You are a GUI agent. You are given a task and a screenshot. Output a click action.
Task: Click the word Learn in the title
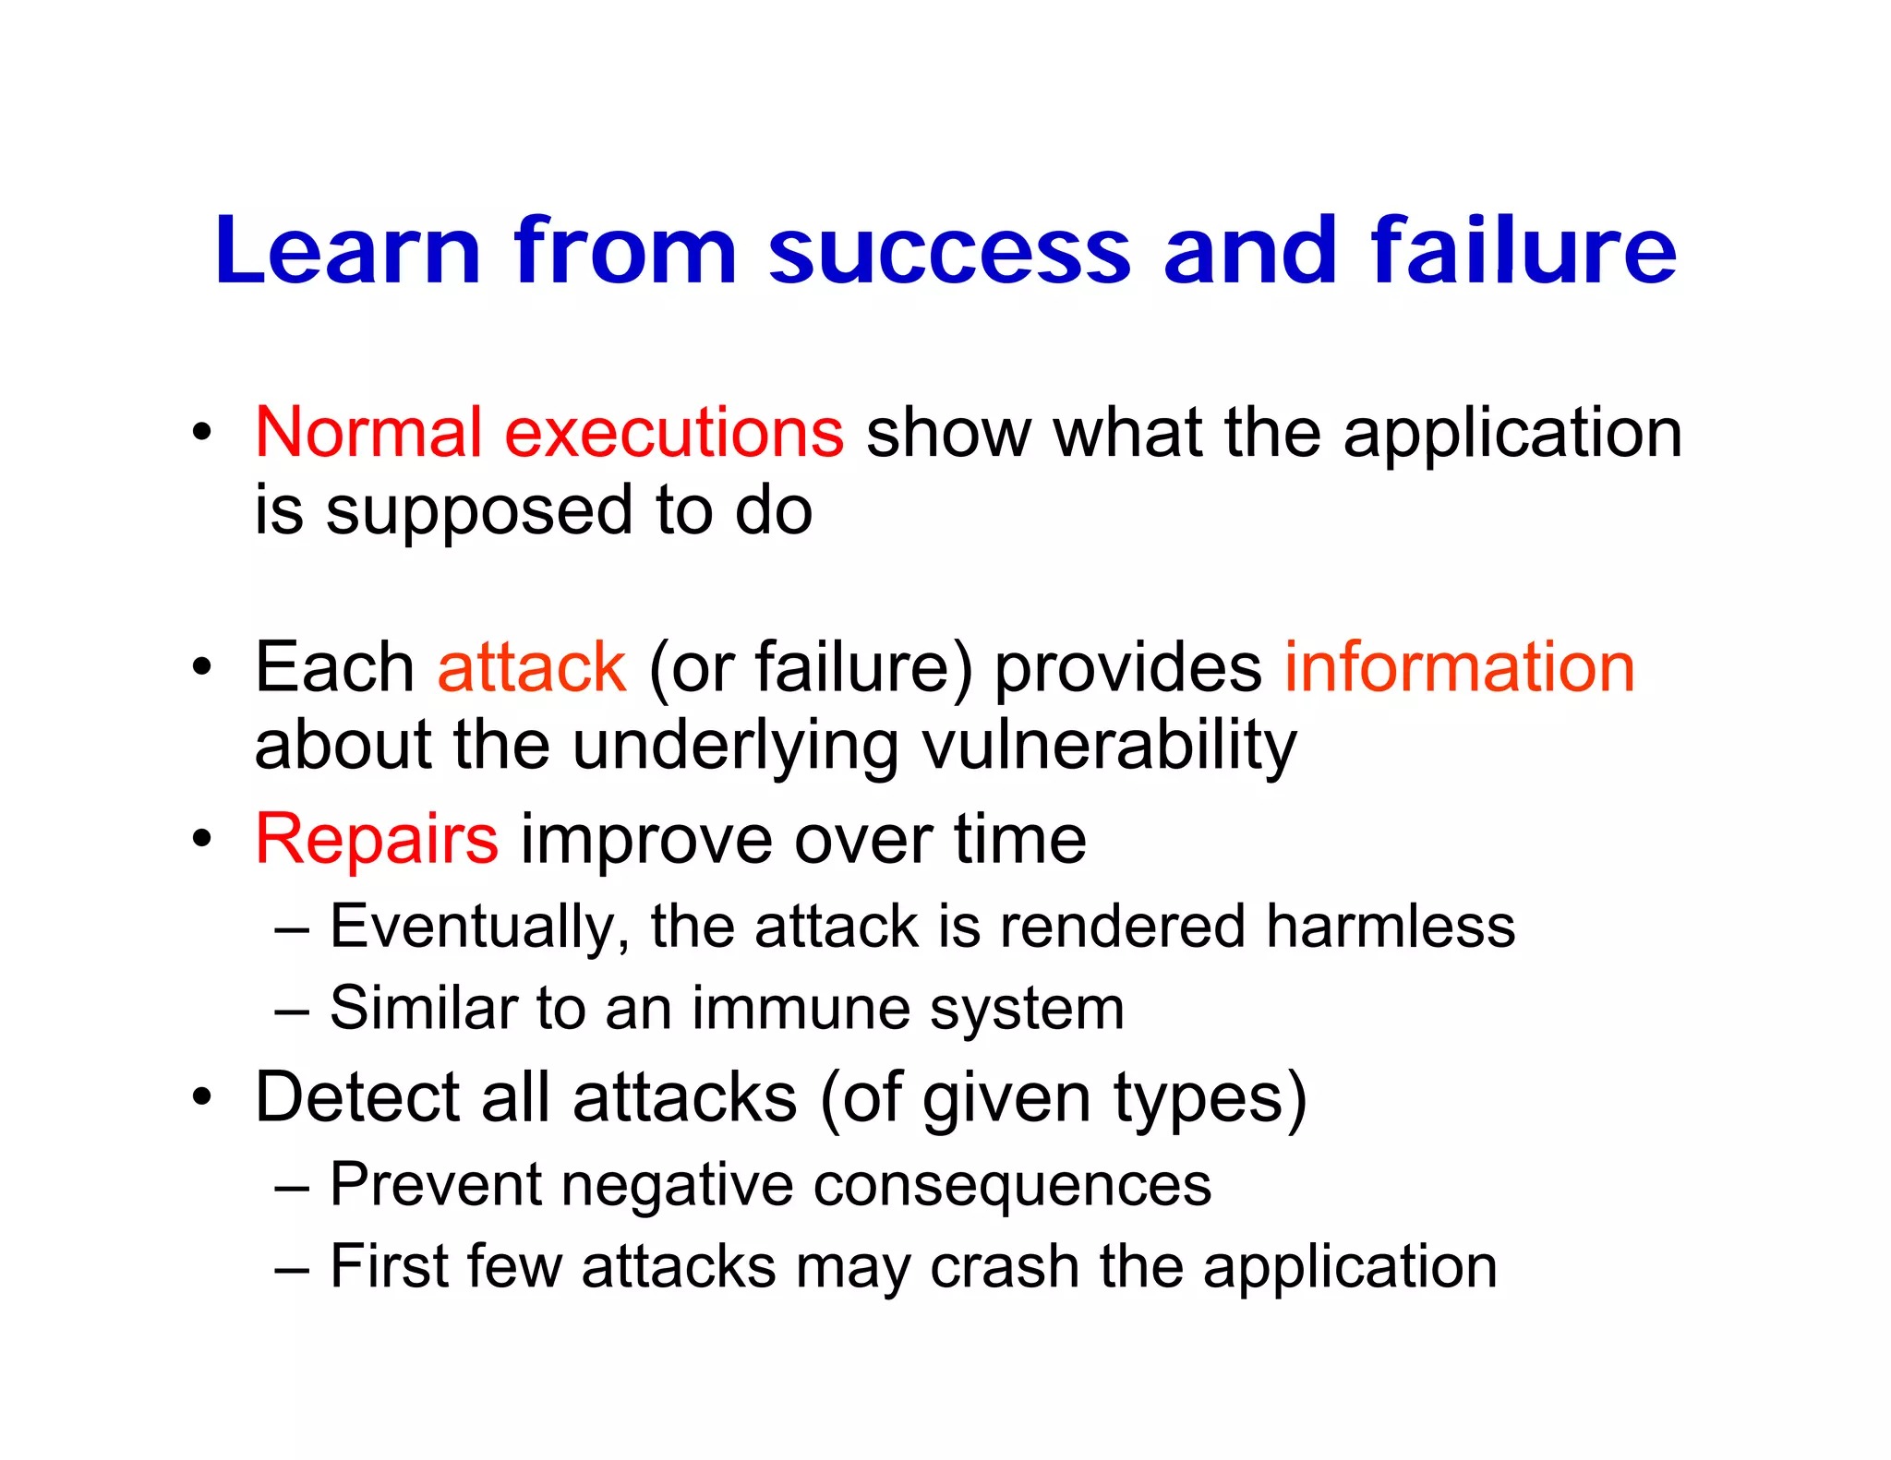point(347,250)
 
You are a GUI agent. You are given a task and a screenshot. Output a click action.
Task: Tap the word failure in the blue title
point(1523,250)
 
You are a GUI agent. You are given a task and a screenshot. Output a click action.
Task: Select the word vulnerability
point(1109,748)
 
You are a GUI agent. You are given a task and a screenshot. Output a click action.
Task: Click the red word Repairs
point(377,840)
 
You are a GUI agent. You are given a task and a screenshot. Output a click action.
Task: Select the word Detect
point(356,1097)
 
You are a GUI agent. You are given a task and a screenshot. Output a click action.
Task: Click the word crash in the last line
point(1005,1266)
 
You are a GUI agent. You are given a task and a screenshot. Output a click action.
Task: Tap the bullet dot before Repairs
point(201,839)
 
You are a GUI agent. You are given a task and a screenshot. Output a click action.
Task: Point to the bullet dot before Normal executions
point(201,432)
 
